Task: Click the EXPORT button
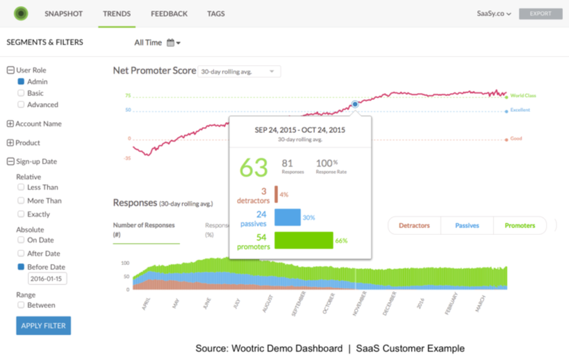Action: click(x=541, y=13)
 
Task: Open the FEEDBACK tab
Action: click(x=169, y=13)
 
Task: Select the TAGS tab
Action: click(x=216, y=13)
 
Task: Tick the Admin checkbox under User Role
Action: click(x=21, y=82)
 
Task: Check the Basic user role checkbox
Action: click(x=21, y=93)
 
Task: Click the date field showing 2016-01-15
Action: click(x=47, y=279)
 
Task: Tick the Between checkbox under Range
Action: click(x=21, y=305)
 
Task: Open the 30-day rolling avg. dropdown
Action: click(x=240, y=71)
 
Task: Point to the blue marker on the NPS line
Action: click(x=355, y=104)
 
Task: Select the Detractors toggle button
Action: click(x=414, y=225)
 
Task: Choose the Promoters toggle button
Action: click(x=520, y=225)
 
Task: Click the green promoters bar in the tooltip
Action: click(x=304, y=240)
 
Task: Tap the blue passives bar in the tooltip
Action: click(x=288, y=217)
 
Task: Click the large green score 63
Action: click(x=254, y=168)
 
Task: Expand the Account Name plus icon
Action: click(x=10, y=124)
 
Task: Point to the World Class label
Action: click(x=523, y=96)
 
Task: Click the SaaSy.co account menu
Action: click(x=494, y=13)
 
